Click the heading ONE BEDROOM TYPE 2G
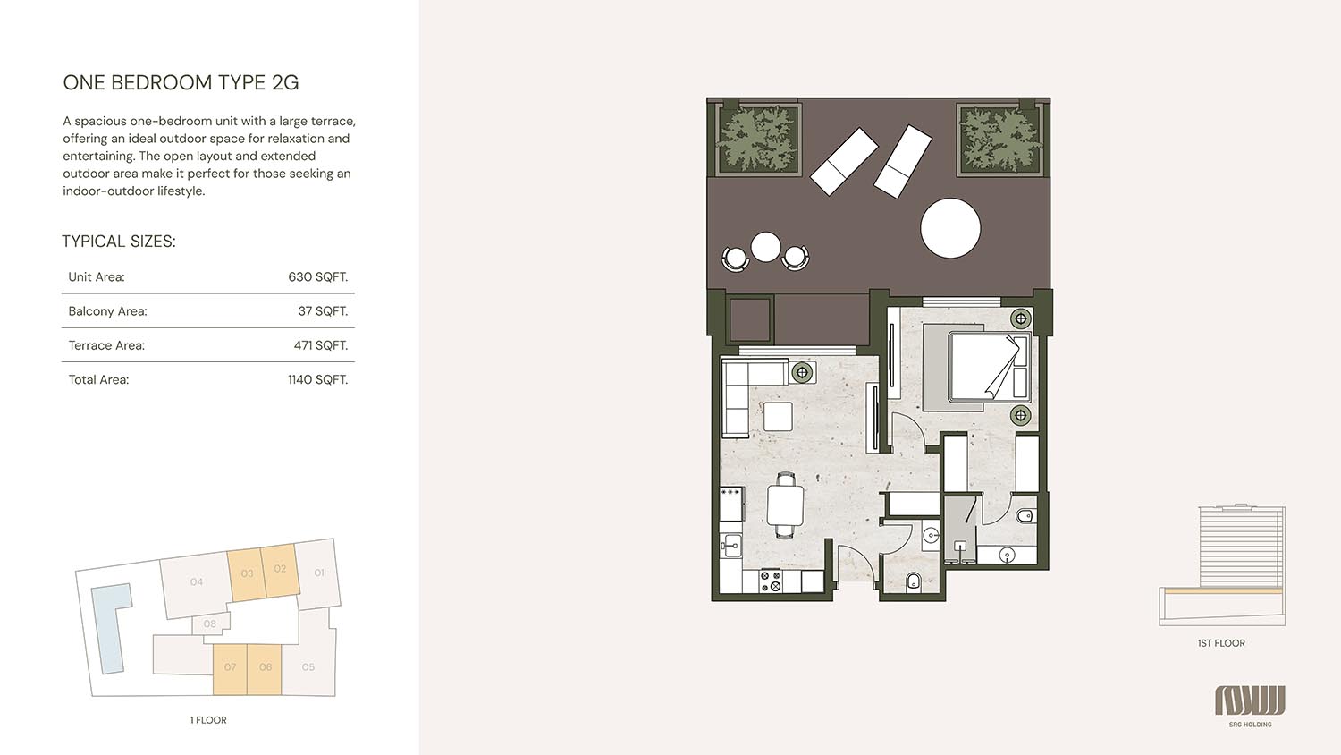tap(181, 82)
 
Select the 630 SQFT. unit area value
tap(317, 277)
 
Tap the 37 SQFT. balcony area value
tap(323, 311)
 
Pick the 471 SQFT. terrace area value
tap(320, 345)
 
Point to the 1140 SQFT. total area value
tap(317, 380)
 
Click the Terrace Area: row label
tap(106, 345)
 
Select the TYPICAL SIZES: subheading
tap(119, 242)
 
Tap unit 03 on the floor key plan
tap(246, 574)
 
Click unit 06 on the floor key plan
tap(265, 668)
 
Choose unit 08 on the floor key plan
tap(210, 624)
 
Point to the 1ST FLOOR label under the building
tap(1221, 643)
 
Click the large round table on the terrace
tap(950, 228)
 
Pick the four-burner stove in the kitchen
tap(770, 581)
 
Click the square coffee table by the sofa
tap(777, 416)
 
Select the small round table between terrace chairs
tap(765, 247)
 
